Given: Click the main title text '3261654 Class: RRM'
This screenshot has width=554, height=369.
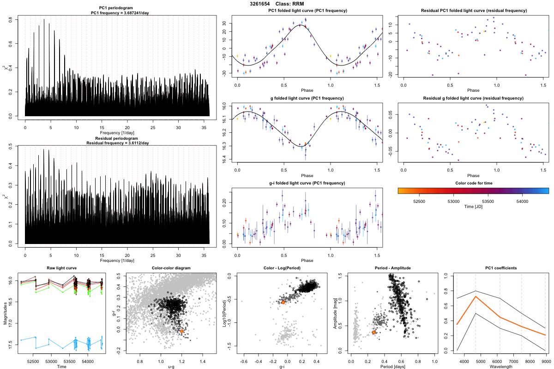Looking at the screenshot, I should coord(277,4).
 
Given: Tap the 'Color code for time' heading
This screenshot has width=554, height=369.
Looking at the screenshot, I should coord(473,183).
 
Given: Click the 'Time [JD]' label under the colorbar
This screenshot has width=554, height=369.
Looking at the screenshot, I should coord(473,207).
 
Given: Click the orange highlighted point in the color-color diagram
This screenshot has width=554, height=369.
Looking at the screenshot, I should coord(182,331).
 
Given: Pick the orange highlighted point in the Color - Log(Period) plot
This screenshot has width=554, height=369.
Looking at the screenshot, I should coord(283,302).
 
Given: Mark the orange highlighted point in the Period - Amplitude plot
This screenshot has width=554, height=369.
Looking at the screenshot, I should coord(374,332).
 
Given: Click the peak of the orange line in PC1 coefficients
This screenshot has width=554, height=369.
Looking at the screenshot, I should coord(476,297).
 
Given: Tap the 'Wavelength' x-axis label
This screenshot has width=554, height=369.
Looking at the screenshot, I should coord(500,367).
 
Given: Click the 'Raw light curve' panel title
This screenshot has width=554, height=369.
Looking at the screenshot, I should coord(62,268).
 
